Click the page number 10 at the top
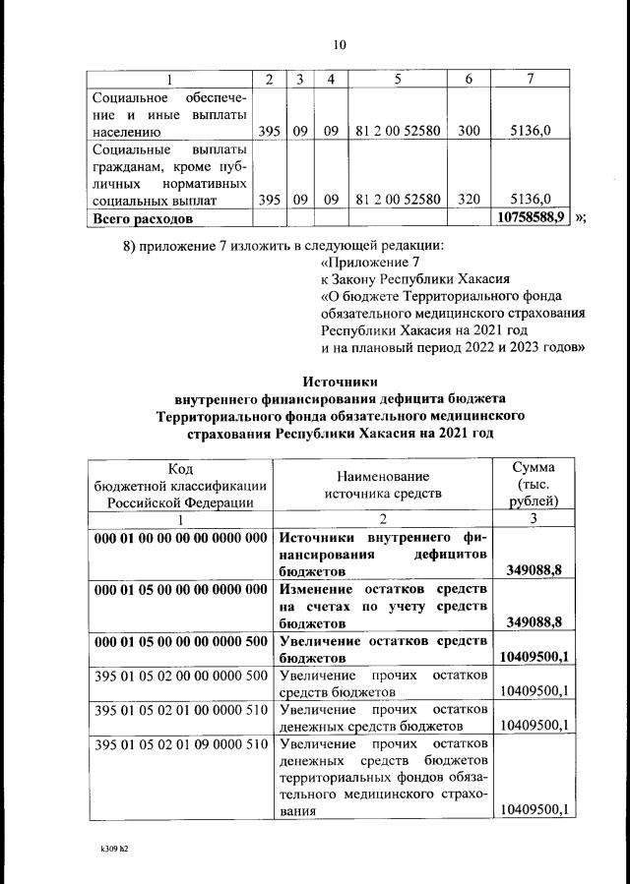coord(340,44)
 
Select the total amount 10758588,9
coord(532,216)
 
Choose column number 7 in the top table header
coord(532,79)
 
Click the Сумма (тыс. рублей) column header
coord(533,483)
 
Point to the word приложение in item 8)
coord(187,244)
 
